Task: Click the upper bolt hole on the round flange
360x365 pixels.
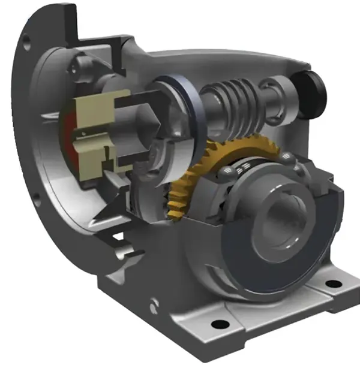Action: [25, 42]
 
